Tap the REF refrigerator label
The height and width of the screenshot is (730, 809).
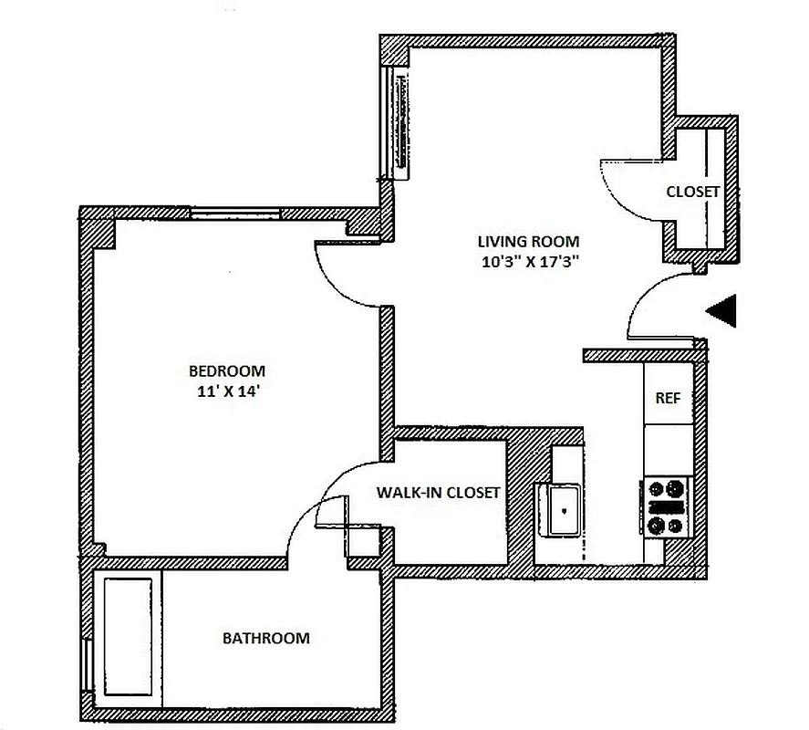click(x=668, y=399)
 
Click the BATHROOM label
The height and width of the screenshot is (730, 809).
click(x=265, y=639)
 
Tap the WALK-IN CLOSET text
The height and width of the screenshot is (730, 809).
click(x=438, y=493)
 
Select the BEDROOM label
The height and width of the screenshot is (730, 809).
click(x=226, y=371)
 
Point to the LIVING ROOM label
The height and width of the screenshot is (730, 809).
click(x=528, y=242)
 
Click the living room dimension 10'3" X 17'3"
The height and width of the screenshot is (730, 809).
click(x=528, y=261)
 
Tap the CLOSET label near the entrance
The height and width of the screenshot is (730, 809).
click(x=692, y=193)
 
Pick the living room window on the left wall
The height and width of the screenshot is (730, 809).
click(x=397, y=123)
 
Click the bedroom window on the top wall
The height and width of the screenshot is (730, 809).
click(x=235, y=214)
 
